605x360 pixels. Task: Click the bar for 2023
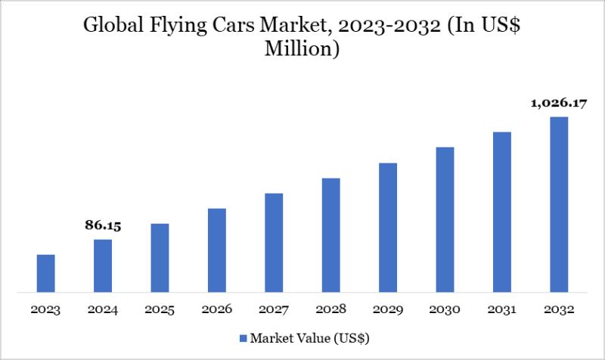pyautogui.click(x=45, y=273)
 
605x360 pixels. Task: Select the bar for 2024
pyautogui.click(x=103, y=265)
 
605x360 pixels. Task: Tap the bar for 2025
pyautogui.click(x=160, y=258)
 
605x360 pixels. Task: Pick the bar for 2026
pyautogui.click(x=217, y=250)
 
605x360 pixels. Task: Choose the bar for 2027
pyautogui.click(x=274, y=242)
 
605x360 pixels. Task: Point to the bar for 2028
pyautogui.click(x=330, y=234)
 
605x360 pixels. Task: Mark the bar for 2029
pyautogui.click(x=388, y=227)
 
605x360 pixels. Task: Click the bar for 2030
pyautogui.click(x=445, y=219)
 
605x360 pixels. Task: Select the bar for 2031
pyautogui.click(x=502, y=212)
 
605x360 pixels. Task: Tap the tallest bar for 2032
pyautogui.click(x=559, y=204)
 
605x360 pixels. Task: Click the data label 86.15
pyautogui.click(x=103, y=225)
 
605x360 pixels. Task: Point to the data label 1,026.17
pyautogui.click(x=559, y=103)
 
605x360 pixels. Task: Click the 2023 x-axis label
pyautogui.click(x=45, y=309)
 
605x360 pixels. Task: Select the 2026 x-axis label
pyautogui.click(x=217, y=309)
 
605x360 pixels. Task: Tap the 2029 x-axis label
pyautogui.click(x=388, y=309)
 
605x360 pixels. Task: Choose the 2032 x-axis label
pyautogui.click(x=559, y=309)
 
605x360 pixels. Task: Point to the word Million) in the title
pyautogui.click(x=302, y=51)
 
